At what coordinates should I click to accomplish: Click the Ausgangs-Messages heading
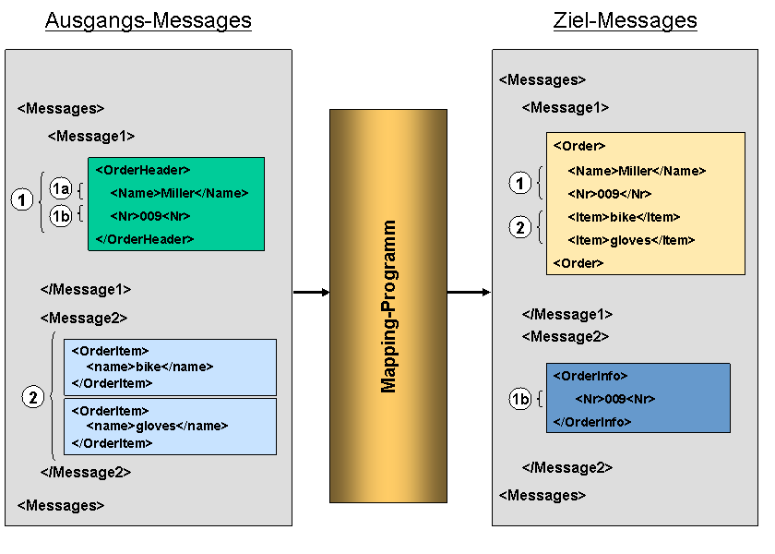coord(149,20)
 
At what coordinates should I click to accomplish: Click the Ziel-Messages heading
coord(625,20)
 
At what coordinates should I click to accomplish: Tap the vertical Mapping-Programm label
coord(388,307)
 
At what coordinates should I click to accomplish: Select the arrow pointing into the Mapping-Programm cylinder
coord(312,293)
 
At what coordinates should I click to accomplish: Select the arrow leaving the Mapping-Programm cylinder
coord(469,293)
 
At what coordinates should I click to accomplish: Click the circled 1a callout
coord(61,188)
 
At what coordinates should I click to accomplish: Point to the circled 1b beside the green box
coord(61,216)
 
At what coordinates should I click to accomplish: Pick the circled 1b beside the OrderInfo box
coord(520,399)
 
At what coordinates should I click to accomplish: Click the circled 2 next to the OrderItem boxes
coord(33,397)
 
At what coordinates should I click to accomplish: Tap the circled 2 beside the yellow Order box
coord(520,227)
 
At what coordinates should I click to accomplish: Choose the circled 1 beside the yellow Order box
coord(520,184)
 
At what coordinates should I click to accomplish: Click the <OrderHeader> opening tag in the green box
coord(143,170)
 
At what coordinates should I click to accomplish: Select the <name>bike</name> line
coord(149,367)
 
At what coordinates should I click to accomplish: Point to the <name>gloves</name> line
coord(157,426)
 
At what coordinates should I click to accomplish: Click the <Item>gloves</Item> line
coord(631,240)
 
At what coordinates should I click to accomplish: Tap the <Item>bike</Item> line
coord(624,217)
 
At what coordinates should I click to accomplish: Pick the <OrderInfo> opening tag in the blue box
coord(590,376)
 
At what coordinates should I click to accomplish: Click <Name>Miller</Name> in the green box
coord(179,193)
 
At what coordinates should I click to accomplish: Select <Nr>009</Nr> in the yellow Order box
coord(610,194)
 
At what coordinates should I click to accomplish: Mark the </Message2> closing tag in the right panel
coord(567,467)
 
